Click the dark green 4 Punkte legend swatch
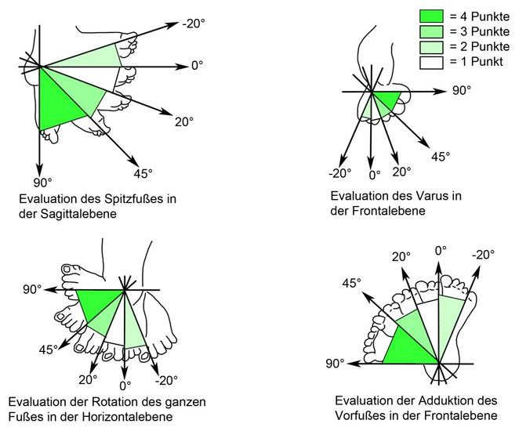coord(431,16)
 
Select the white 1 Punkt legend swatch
coord(431,61)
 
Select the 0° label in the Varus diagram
coord(375,174)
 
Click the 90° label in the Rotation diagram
coord(32,289)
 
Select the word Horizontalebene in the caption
coord(129,415)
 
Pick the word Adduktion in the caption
coord(430,399)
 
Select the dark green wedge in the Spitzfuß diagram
coord(58,102)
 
